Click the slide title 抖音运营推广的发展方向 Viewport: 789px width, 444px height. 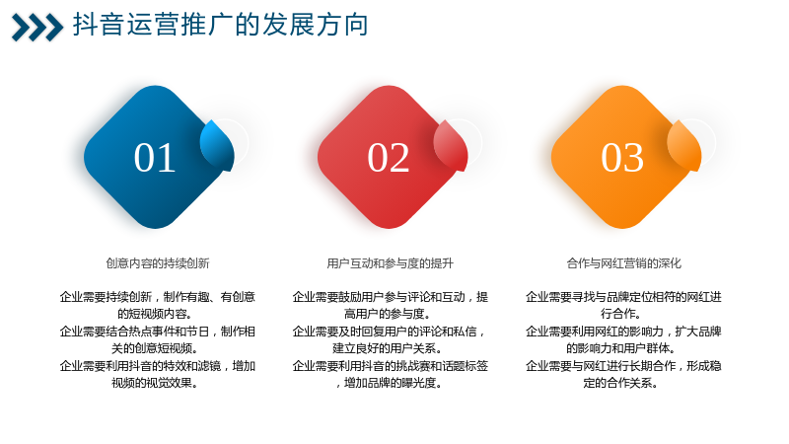pos(220,25)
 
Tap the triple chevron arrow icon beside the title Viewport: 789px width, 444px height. pos(37,28)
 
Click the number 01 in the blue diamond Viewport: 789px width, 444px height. pos(155,158)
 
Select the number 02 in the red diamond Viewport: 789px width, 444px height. pos(388,158)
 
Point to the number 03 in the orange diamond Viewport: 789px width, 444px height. pos(622,158)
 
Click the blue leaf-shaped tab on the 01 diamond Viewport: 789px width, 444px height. pos(217,145)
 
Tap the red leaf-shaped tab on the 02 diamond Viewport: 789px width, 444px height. pos(451,145)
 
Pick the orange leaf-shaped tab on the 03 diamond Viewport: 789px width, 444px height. pos(684,145)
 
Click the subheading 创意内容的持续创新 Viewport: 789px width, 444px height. pos(158,263)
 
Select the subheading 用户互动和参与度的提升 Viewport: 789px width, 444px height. pos(390,263)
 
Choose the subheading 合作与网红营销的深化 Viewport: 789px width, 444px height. pos(624,263)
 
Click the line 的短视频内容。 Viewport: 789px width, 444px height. pos(155,314)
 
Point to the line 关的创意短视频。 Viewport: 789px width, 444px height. pos(155,348)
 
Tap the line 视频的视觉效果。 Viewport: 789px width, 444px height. pos(155,383)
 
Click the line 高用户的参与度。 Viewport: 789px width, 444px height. pos(388,314)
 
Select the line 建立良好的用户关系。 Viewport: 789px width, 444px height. pos(388,348)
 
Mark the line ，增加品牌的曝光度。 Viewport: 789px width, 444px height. pos(389,383)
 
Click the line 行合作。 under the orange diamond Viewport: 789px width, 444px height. pos(621,314)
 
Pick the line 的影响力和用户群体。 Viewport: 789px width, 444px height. pos(621,348)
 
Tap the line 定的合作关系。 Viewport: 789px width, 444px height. pos(621,383)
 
